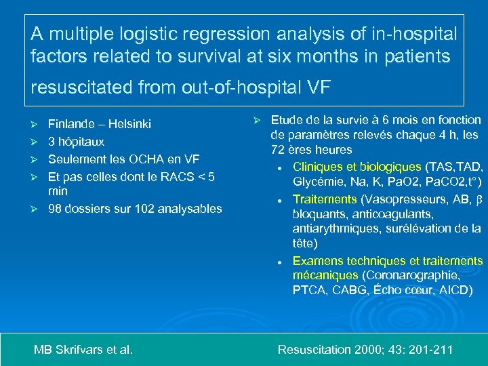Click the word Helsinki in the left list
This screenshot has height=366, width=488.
(x=128, y=124)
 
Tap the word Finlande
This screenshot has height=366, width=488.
(x=71, y=124)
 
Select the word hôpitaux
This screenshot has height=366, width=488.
(x=81, y=142)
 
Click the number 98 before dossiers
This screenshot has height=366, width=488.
(x=55, y=209)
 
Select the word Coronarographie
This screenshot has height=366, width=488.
(x=413, y=276)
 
